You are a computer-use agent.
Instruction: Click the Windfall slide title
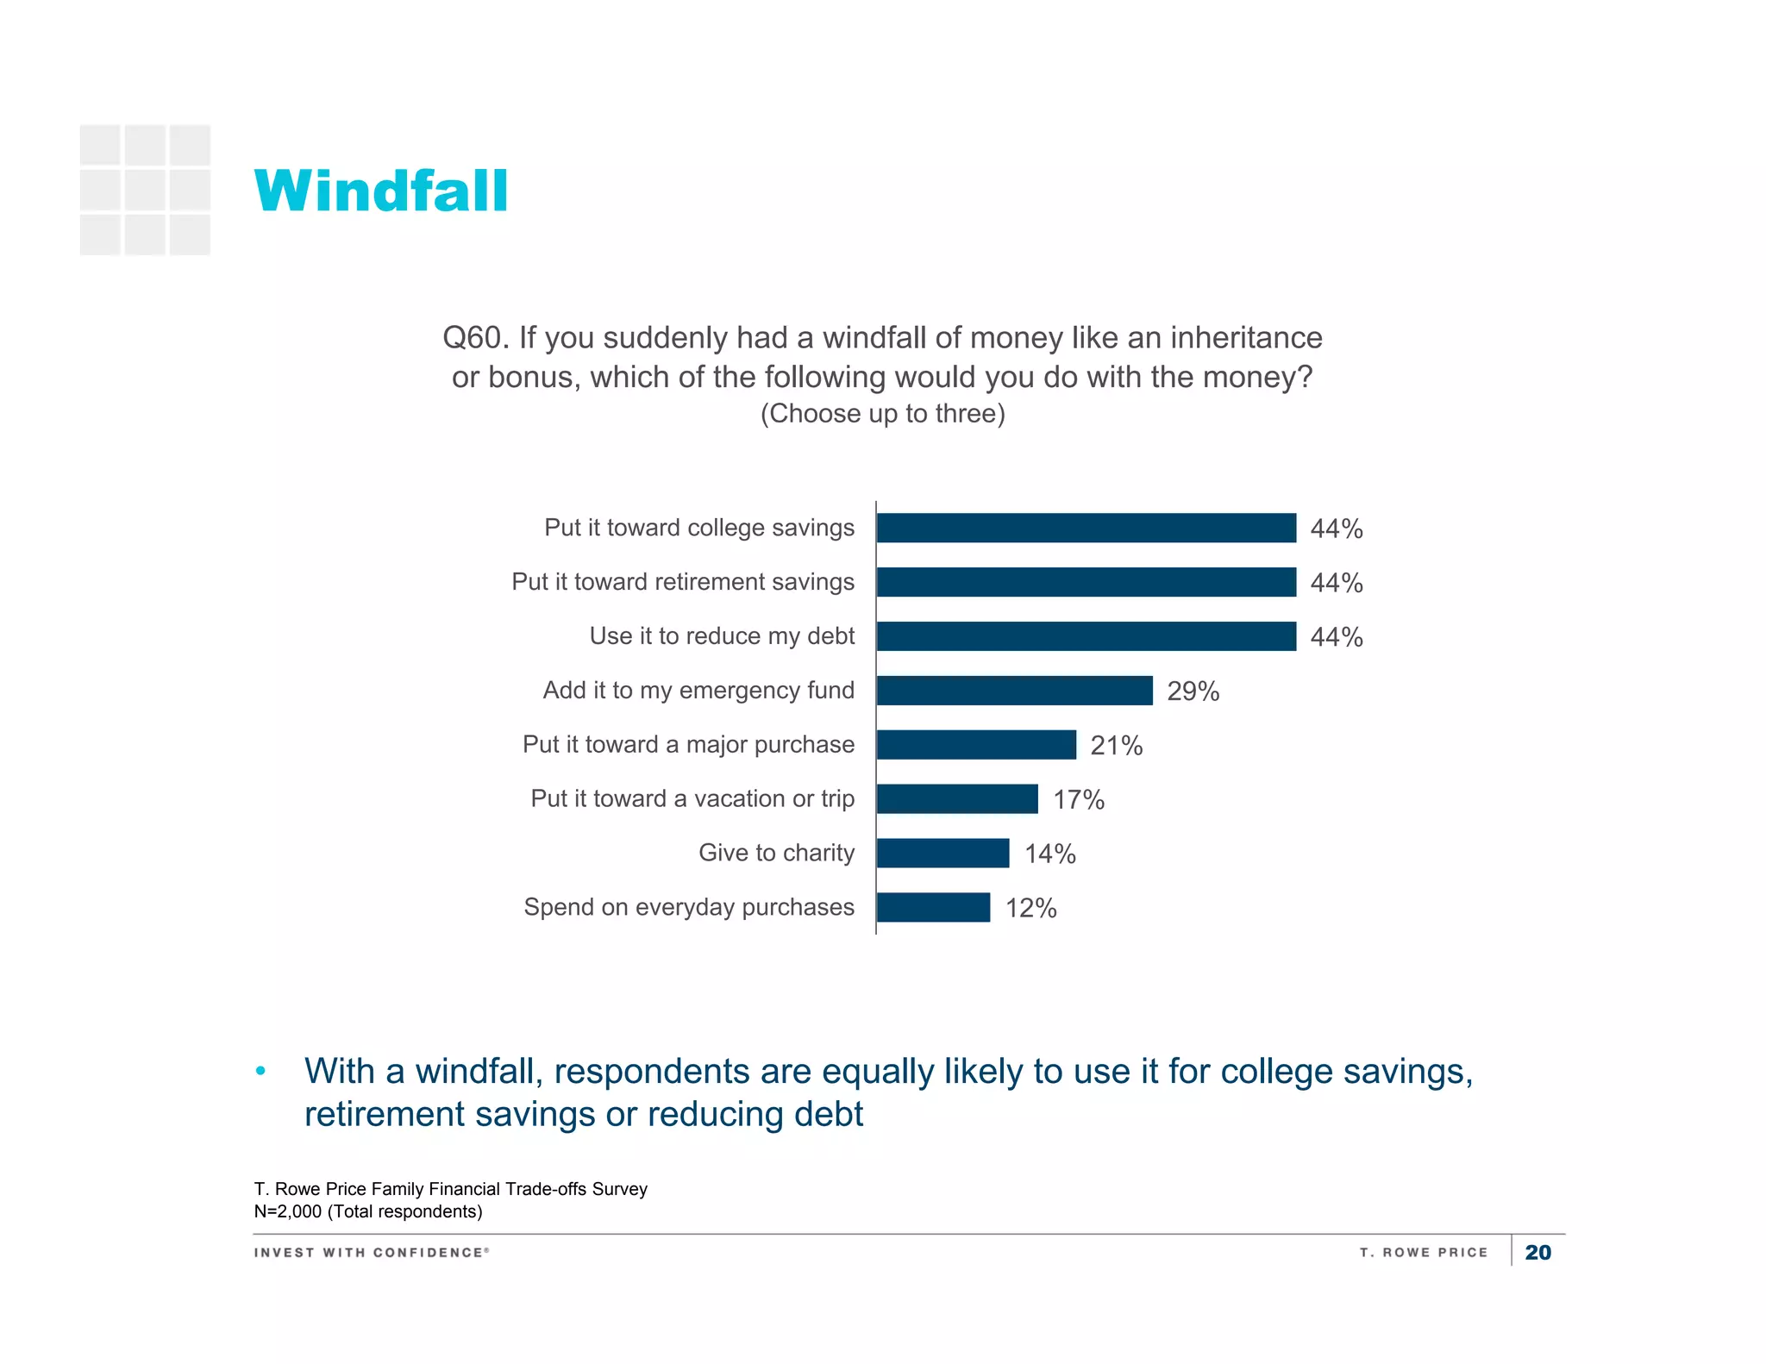(x=380, y=191)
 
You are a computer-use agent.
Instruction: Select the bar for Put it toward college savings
(x=1086, y=528)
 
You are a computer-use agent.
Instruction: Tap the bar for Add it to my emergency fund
(x=1014, y=691)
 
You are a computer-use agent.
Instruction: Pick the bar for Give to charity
(x=942, y=853)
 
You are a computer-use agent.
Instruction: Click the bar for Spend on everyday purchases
(x=933, y=907)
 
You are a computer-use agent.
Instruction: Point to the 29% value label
(x=1193, y=691)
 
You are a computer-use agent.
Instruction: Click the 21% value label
(x=1116, y=746)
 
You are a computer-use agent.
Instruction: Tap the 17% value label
(x=1078, y=800)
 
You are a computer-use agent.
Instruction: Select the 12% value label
(x=1030, y=908)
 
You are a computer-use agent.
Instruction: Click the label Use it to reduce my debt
(x=722, y=636)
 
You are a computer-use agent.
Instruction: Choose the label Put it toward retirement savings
(x=683, y=582)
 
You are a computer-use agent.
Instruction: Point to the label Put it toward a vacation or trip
(x=692, y=798)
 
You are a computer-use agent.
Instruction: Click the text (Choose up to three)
(x=882, y=414)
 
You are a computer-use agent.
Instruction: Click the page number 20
(x=1537, y=1253)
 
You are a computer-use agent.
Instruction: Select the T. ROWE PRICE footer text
(x=1424, y=1253)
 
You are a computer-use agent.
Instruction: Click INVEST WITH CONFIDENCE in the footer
(x=371, y=1253)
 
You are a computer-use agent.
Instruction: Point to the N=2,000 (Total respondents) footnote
(x=368, y=1211)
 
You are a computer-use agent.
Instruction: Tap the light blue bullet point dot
(x=260, y=1072)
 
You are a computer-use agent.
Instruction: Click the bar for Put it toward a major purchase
(x=976, y=745)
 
